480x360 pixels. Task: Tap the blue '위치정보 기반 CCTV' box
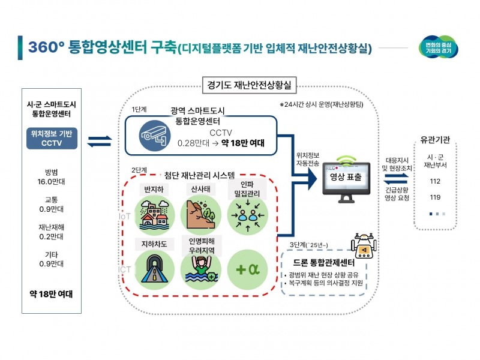52,139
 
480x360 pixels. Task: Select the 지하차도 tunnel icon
154,269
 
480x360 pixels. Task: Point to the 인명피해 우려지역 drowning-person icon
200,271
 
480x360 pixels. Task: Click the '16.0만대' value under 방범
51,181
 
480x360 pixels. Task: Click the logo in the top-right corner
438,48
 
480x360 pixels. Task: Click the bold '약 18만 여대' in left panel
51,294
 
